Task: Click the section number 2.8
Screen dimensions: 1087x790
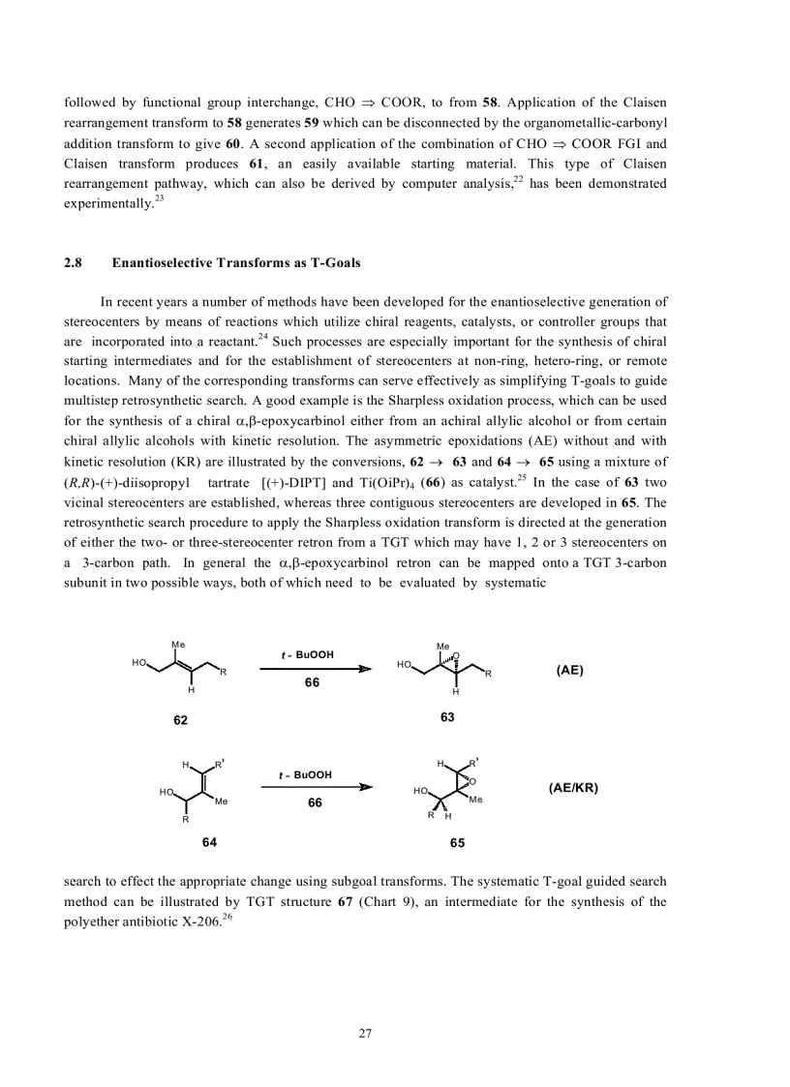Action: coord(73,262)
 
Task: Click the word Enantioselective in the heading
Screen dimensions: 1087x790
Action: coord(160,262)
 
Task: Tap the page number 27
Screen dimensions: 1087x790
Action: coord(365,1033)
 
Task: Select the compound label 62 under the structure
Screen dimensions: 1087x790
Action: coord(180,720)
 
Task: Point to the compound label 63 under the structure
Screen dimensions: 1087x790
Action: coord(446,717)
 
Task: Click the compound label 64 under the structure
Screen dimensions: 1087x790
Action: coord(209,841)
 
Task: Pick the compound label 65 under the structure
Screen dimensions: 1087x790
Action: coord(457,843)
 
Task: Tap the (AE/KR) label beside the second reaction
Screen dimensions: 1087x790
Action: coord(573,788)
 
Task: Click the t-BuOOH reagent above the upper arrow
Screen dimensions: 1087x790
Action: coord(308,655)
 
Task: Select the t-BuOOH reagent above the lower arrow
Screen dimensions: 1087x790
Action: coord(306,775)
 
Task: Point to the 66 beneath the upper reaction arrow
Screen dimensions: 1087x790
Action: coord(312,683)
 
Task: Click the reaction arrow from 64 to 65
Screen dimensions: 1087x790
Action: coord(316,787)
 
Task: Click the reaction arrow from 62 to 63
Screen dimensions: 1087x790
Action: coord(316,668)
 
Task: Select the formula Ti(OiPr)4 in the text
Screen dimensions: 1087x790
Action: coord(385,482)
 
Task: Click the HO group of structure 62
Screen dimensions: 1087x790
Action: coord(139,663)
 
